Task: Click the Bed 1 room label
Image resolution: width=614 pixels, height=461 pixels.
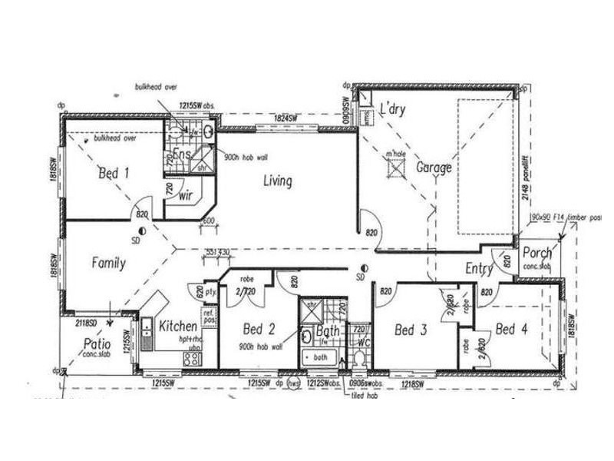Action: coord(114,174)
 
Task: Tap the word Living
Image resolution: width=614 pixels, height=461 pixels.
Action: coord(277,181)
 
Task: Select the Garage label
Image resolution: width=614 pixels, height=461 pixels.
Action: coord(434,167)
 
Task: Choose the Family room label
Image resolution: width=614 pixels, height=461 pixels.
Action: coord(109,263)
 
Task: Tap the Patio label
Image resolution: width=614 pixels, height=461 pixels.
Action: coord(97,343)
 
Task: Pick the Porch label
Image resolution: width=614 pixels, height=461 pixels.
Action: coord(536,254)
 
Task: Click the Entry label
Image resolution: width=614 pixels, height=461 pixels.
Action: coord(479,268)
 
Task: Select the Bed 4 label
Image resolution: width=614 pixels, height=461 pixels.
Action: coord(510,330)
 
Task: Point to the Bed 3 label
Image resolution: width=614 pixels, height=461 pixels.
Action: coord(410,330)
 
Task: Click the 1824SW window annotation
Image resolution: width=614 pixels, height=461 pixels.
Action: coord(286,119)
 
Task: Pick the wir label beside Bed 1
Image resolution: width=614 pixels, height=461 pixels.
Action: coord(185,196)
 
